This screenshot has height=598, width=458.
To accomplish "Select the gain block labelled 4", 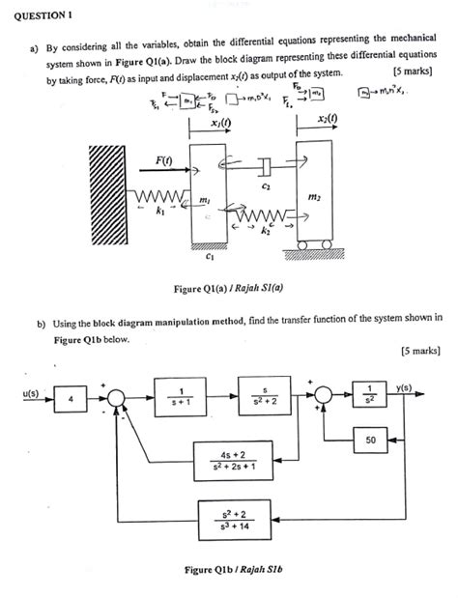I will pos(72,396).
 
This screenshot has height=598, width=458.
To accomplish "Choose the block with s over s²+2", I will pos(262,396).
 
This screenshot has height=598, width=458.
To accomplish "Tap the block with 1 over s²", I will pos(370,396).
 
